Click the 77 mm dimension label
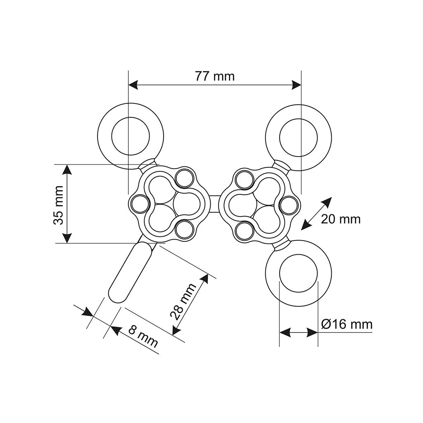[214, 76]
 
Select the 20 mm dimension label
[340, 219]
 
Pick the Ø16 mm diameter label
[347, 324]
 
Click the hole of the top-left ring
[131, 136]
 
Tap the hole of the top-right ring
[299, 136]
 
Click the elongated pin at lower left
[130, 272]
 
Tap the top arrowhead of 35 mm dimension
[67, 169]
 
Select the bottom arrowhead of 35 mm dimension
[67, 239]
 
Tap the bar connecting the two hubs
[214, 204]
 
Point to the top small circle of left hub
[183, 178]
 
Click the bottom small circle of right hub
[245, 229]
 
